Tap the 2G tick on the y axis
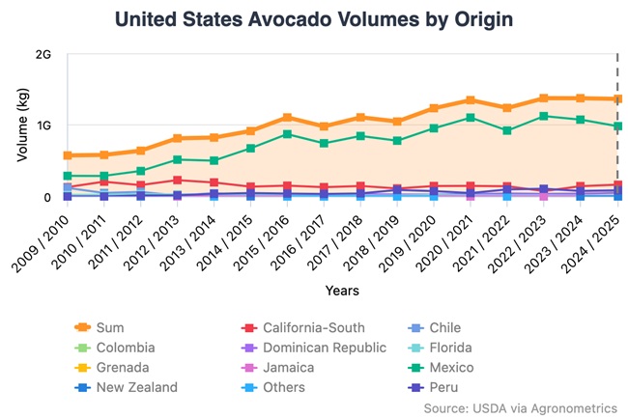pos(43,54)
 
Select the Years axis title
pos(342,289)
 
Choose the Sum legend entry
pos(110,327)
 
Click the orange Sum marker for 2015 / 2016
pos(287,118)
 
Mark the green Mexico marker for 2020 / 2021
pos(471,118)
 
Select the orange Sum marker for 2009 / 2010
pos(67,155)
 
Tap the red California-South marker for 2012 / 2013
pos(177,181)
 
